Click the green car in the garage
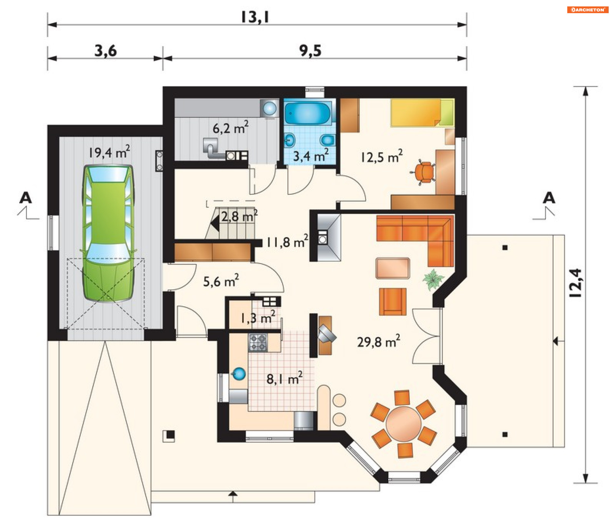point(108,233)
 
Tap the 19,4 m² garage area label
point(109,152)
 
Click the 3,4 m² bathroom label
point(311,156)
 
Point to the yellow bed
point(422,113)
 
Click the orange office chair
point(423,173)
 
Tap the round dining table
point(403,424)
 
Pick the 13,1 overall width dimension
point(255,17)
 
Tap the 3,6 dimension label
point(106,51)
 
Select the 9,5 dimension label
point(310,51)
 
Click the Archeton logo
point(588,10)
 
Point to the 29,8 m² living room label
point(379,341)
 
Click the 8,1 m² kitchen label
point(284,379)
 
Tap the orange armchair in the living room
point(393,302)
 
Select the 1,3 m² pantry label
point(258,318)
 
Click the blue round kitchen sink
point(239,374)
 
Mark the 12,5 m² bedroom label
point(381,157)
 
